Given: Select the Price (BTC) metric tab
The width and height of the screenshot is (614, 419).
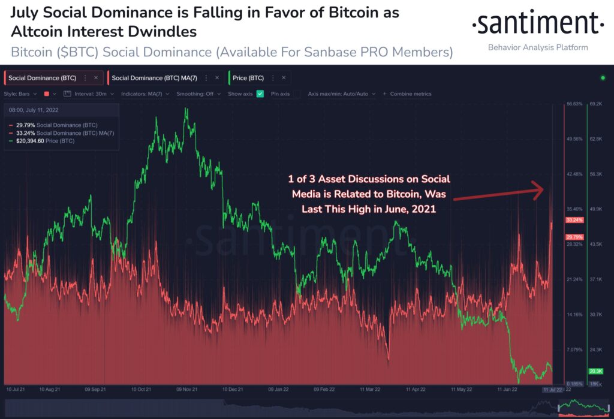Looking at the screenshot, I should [248, 78].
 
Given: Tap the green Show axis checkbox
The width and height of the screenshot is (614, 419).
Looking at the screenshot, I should [260, 94].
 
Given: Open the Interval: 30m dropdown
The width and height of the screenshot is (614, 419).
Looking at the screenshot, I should [90, 94].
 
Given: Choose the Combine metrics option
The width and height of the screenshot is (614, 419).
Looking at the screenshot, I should [410, 94].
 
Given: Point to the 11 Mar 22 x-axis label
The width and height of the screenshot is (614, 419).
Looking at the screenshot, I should [370, 389].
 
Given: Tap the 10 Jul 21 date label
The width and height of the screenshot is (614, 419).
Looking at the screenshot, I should [16, 389].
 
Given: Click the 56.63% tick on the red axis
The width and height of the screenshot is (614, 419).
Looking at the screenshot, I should [574, 104].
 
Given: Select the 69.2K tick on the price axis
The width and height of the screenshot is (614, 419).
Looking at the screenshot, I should [595, 104].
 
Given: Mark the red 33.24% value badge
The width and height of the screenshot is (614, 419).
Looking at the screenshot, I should [574, 220].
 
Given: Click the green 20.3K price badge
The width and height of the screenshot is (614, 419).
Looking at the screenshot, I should [595, 371].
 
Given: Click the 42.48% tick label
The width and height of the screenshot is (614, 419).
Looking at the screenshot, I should [574, 174].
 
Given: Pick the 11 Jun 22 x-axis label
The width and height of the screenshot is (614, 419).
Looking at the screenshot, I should [509, 389].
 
